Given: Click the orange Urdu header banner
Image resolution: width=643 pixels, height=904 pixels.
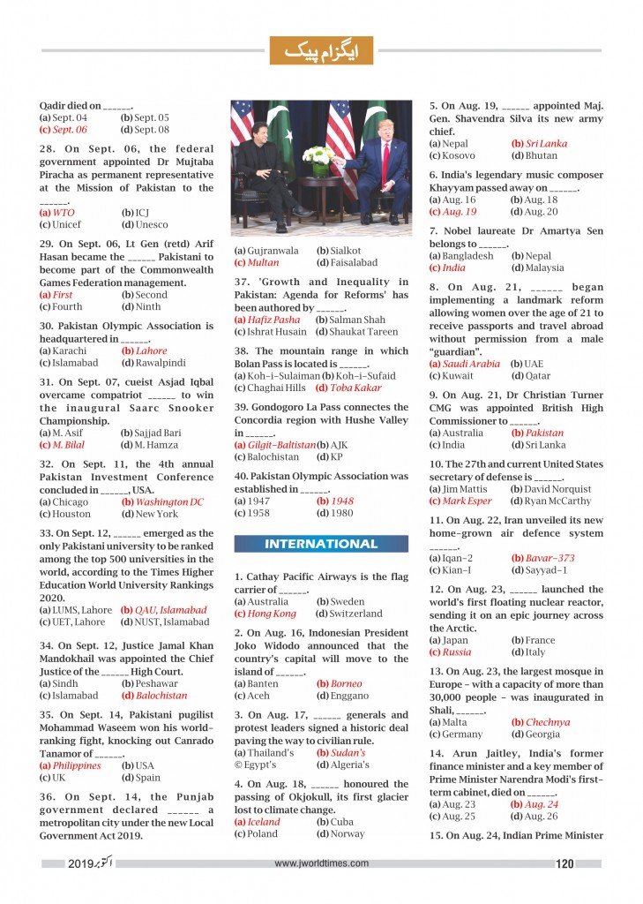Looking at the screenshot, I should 321,51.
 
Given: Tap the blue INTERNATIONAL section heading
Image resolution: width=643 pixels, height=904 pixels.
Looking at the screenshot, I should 321,544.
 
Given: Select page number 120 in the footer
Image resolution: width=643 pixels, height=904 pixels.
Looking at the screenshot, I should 565,864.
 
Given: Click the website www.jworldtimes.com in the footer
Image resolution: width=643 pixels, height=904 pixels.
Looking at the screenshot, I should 321,864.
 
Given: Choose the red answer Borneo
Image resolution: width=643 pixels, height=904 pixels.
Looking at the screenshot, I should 340,683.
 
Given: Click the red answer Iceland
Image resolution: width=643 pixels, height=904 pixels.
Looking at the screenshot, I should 258,821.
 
